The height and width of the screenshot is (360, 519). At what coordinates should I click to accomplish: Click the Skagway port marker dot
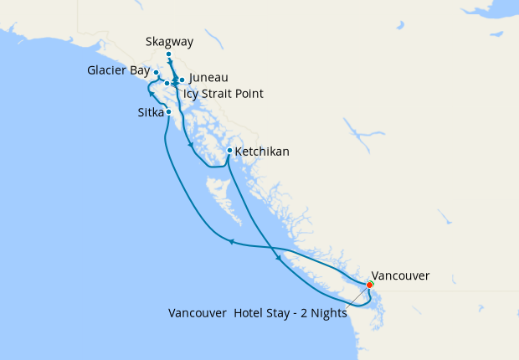pyautogui.click(x=169, y=55)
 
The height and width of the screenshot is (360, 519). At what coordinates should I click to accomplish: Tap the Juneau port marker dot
pyautogui.click(x=182, y=80)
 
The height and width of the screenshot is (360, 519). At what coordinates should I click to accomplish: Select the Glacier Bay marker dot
pyautogui.click(x=157, y=73)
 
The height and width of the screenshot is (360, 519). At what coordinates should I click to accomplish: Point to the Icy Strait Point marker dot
pyautogui.click(x=167, y=84)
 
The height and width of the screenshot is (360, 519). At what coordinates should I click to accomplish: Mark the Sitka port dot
pyautogui.click(x=169, y=111)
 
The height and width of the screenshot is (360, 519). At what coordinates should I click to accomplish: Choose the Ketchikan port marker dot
pyautogui.click(x=229, y=151)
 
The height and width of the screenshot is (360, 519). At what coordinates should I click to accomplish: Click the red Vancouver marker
pyautogui.click(x=370, y=285)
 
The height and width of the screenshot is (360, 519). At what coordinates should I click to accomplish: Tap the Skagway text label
pyautogui.click(x=167, y=40)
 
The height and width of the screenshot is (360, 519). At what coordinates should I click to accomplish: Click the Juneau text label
pyautogui.click(x=208, y=78)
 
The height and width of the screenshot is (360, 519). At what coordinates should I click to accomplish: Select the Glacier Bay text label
pyautogui.click(x=118, y=71)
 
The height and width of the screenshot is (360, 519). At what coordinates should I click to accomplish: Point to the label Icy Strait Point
pyautogui.click(x=223, y=94)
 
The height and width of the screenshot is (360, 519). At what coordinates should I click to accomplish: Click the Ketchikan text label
pyautogui.click(x=262, y=152)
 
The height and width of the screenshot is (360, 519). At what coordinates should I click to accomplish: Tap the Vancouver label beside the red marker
pyautogui.click(x=400, y=275)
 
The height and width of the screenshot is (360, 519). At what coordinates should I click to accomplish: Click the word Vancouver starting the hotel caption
pyautogui.click(x=198, y=314)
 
